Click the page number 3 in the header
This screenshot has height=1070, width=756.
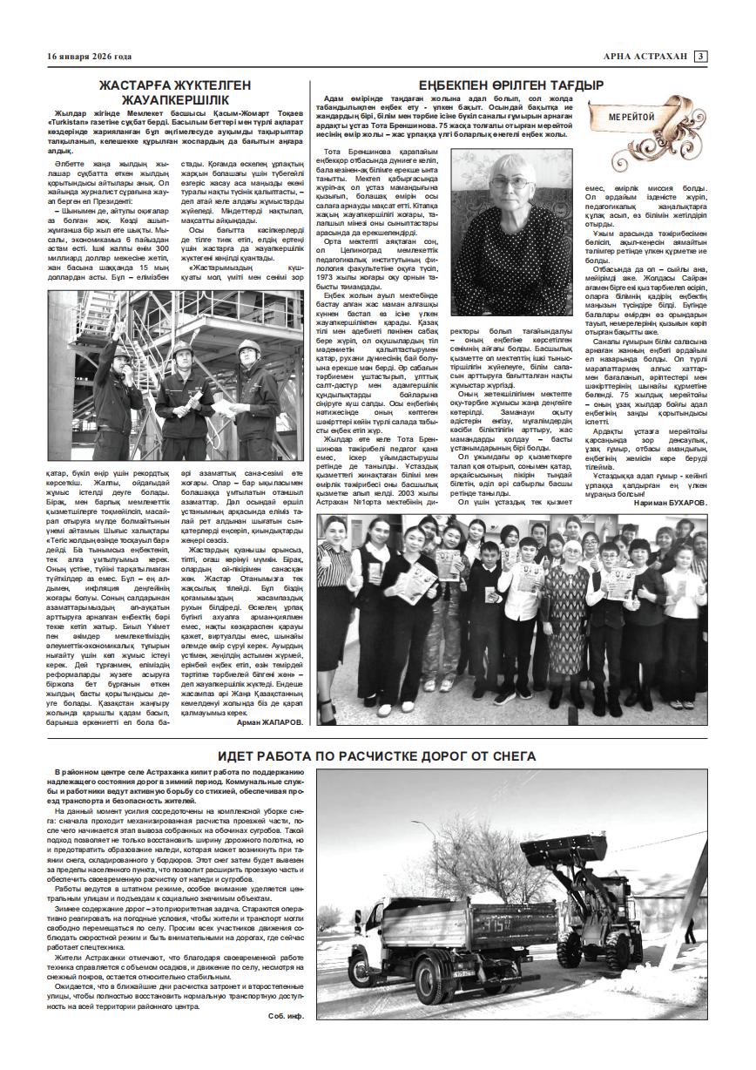click(699, 58)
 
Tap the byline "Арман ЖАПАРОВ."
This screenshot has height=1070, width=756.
click(271, 721)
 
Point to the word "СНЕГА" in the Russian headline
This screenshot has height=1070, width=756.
click(510, 756)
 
